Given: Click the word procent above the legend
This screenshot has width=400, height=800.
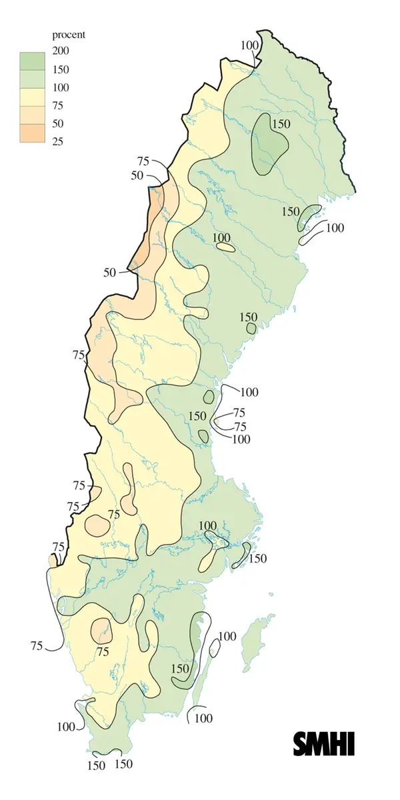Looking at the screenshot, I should pos(69,35).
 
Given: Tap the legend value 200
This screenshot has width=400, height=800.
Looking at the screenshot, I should pos(61,51).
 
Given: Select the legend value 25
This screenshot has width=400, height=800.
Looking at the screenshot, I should pos(58,141).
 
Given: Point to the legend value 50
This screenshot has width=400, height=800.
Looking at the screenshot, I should pos(58,123).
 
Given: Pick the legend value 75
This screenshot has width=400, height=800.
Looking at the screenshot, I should pos(58,105).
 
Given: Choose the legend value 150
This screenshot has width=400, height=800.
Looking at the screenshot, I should pos(61,69).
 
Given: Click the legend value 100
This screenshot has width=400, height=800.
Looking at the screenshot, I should pos(61,87).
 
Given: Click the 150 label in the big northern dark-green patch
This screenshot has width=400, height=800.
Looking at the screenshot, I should pos(281,123).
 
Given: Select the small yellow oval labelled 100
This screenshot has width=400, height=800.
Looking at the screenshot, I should pos(226,247).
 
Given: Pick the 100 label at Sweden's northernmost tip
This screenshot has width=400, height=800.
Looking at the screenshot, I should pos(249,45).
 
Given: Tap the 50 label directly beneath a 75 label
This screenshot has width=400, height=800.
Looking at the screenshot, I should pos(137,175).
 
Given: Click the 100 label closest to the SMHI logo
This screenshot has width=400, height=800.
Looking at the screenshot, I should pos(203,718).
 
